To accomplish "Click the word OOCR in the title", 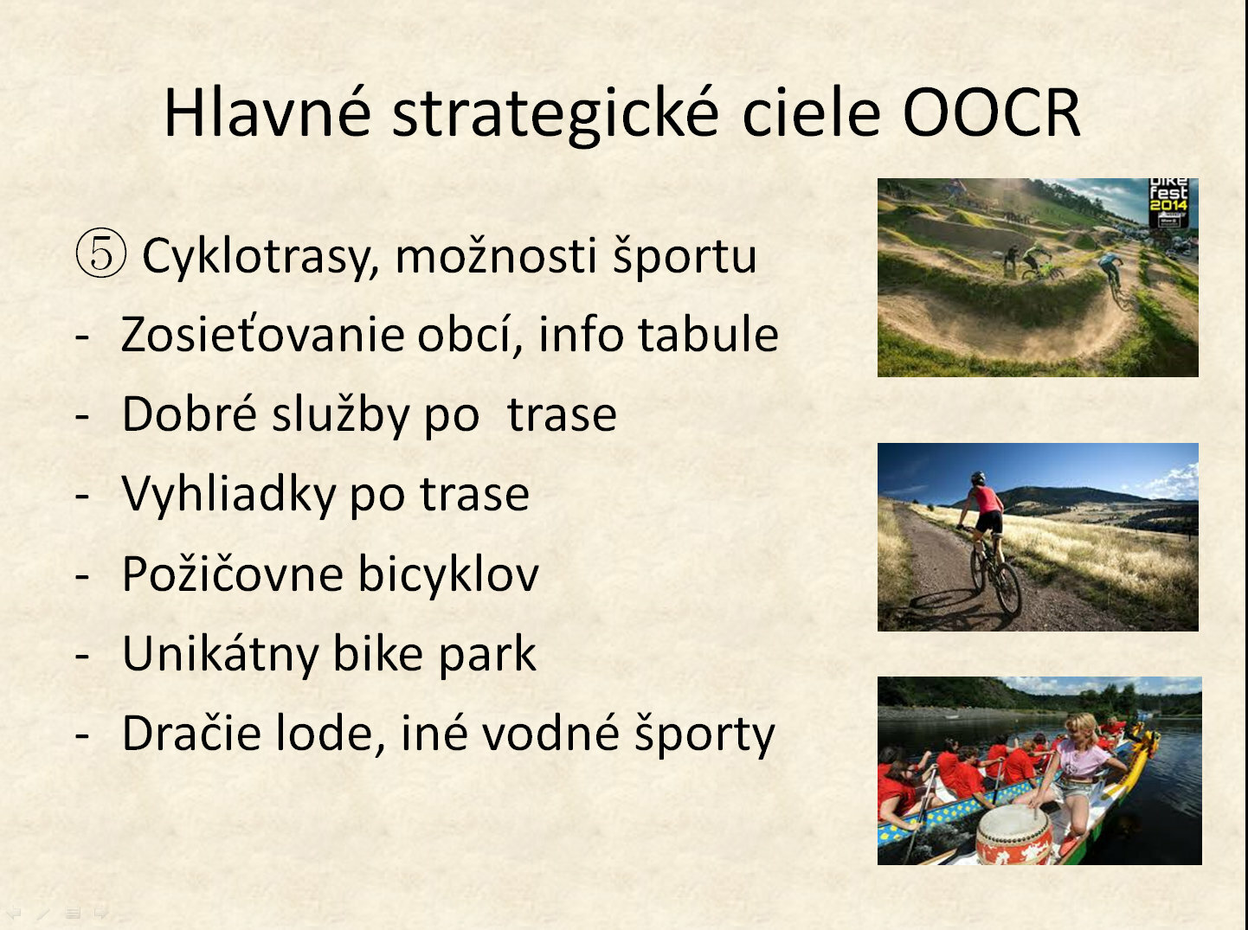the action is pos(992,112).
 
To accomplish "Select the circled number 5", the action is pos(100,253).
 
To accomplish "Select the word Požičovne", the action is pos(233,574).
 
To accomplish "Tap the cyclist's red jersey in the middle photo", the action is pos(987,499).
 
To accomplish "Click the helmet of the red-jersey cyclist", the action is pos(978,478).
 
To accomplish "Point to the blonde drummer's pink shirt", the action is pos(1082,759).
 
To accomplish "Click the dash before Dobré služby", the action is pos(82,416).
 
